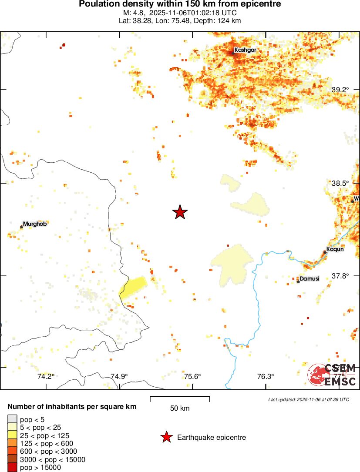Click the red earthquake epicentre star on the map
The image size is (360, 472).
(x=180, y=212)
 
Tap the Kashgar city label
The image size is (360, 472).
(x=245, y=50)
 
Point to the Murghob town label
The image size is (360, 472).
(x=35, y=224)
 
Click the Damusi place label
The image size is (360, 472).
(x=310, y=278)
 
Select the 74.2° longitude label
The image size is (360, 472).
(x=46, y=377)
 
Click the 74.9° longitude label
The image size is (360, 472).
(x=119, y=377)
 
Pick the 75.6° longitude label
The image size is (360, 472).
(x=192, y=377)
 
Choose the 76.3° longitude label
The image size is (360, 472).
(x=265, y=377)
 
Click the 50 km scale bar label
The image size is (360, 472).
(x=180, y=408)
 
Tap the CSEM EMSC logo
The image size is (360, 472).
(x=332, y=375)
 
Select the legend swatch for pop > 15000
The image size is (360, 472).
(x=12, y=468)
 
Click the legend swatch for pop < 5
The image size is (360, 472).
(x=12, y=419)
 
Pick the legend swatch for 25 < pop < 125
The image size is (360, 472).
(x=12, y=435)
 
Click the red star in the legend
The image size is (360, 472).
(x=166, y=437)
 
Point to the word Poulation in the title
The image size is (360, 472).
(x=96, y=4)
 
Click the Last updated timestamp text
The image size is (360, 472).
(x=308, y=399)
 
